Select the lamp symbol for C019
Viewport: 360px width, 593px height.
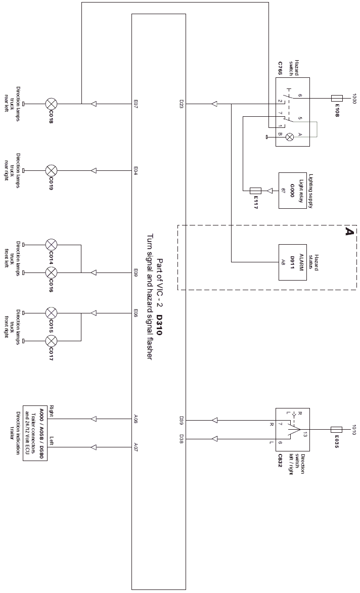(x=51, y=171)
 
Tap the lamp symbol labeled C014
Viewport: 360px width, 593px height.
(x=51, y=245)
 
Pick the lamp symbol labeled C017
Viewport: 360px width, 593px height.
(x=51, y=341)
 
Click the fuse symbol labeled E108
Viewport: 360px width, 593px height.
(x=337, y=99)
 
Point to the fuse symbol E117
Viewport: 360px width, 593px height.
(x=256, y=191)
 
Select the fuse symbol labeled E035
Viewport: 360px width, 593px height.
(x=336, y=430)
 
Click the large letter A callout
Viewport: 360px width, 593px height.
(x=349, y=231)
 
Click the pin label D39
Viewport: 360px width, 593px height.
(x=182, y=420)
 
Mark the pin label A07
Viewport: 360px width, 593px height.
(x=136, y=439)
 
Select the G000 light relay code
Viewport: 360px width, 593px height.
(x=292, y=190)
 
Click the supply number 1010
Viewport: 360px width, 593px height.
(x=354, y=430)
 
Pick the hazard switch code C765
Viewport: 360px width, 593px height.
(x=280, y=68)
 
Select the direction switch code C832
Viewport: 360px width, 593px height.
(x=280, y=461)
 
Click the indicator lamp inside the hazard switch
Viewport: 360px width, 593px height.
(x=290, y=136)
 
